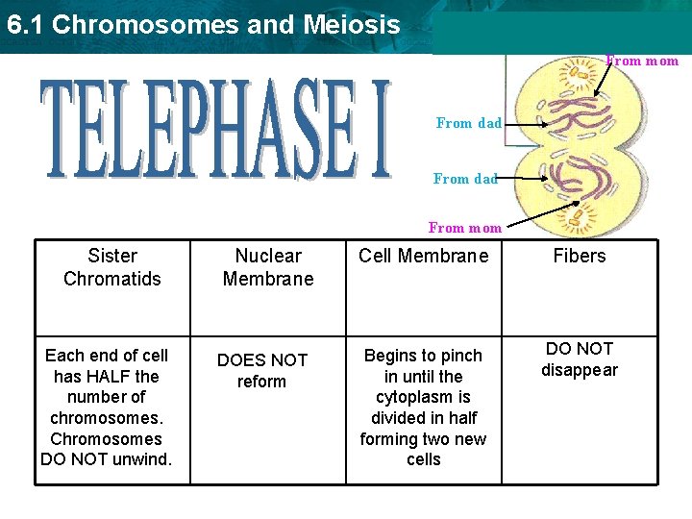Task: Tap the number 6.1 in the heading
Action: [x=24, y=25]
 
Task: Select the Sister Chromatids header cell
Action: [x=112, y=267]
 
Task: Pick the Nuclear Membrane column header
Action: [x=268, y=267]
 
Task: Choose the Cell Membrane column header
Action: [x=423, y=256]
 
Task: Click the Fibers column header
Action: [x=580, y=256]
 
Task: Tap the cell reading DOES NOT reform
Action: [x=262, y=370]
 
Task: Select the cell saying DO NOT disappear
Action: [x=580, y=359]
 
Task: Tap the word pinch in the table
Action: [x=460, y=356]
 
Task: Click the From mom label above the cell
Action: [x=642, y=61]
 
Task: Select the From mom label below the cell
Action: [x=465, y=228]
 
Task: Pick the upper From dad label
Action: [x=468, y=123]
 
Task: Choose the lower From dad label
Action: [x=465, y=179]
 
